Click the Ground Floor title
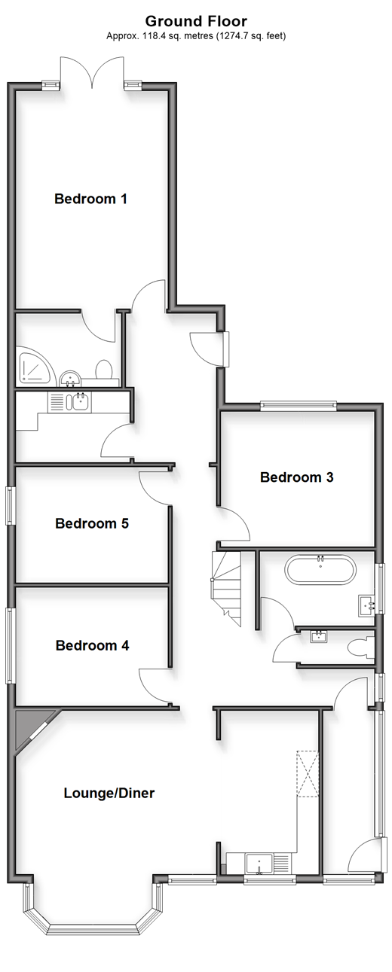[x=196, y=21]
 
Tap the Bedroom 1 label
[x=90, y=199]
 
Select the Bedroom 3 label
[x=297, y=477]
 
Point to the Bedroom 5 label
[x=92, y=523]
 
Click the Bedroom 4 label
[x=93, y=646]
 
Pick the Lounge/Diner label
[x=109, y=794]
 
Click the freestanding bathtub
[x=320, y=569]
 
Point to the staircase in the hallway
[x=226, y=589]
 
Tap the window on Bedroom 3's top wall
[x=299, y=405]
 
